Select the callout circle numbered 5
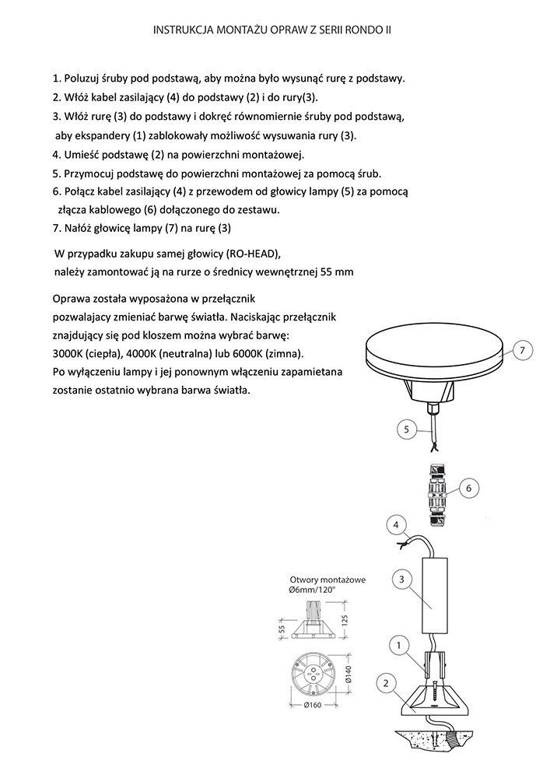pyautogui.click(x=406, y=429)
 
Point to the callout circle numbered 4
pyautogui.click(x=396, y=526)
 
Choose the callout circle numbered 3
pyautogui.click(x=400, y=579)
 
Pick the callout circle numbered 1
pyautogui.click(x=398, y=645)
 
